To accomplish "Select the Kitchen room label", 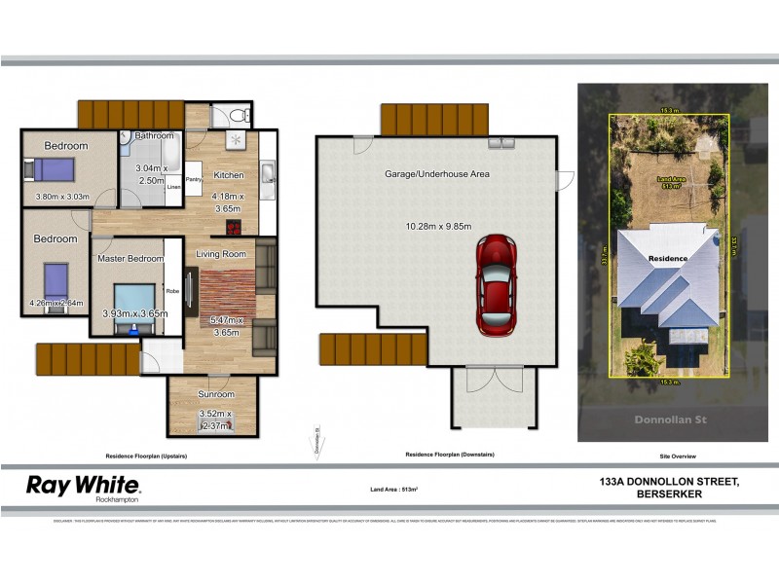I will pyautogui.click(x=230, y=175).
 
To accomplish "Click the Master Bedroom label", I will pyautogui.click(x=130, y=258).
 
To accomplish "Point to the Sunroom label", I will pyautogui.click(x=216, y=394).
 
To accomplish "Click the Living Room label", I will pyautogui.click(x=222, y=254).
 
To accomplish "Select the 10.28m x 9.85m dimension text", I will pyautogui.click(x=439, y=227).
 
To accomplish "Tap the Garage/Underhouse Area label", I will pyautogui.click(x=437, y=174).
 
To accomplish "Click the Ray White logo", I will pyautogui.click(x=83, y=487).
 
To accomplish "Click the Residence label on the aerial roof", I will pyautogui.click(x=669, y=258).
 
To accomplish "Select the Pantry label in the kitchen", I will pyautogui.click(x=193, y=179).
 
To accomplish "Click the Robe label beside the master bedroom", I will pyautogui.click(x=172, y=290).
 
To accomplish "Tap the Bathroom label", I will pyautogui.click(x=154, y=135).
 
